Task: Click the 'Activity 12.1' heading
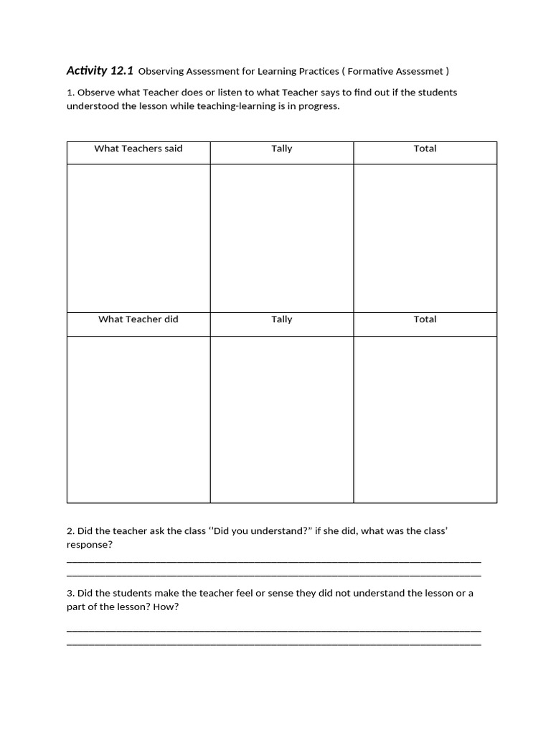coord(100,70)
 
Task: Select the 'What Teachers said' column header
coord(138,149)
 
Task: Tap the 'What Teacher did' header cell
coord(138,319)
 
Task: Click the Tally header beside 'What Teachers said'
coord(282,149)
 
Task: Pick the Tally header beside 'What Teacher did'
coord(282,319)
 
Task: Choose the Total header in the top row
coord(425,149)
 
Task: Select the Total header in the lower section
coord(425,319)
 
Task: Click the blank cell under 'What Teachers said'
coord(138,238)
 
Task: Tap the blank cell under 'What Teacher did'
coord(138,419)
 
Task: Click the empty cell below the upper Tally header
coord(282,238)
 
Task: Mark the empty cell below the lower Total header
coord(425,419)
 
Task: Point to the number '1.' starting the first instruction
coord(70,93)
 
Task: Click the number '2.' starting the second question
coord(70,531)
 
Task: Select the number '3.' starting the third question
coord(70,594)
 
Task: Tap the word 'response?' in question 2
coord(90,545)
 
